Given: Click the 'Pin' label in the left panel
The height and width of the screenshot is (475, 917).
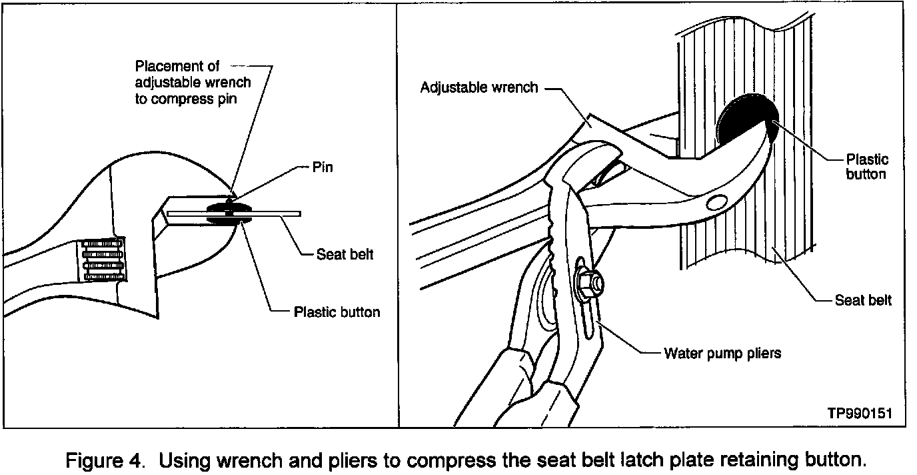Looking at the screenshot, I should (x=323, y=167).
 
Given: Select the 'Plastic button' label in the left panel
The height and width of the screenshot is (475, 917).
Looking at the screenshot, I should (x=337, y=312).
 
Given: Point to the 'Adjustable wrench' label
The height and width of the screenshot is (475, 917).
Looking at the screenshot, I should (x=478, y=87).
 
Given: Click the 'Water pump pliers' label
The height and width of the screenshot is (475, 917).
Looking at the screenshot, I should (x=722, y=353).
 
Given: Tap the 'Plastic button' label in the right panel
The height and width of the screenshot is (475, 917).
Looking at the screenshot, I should (x=866, y=166).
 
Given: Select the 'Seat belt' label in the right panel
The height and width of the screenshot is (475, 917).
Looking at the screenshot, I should (x=863, y=300).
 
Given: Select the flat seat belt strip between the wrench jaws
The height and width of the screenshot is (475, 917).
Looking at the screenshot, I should (x=267, y=214).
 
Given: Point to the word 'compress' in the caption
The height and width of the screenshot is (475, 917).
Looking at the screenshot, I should (x=457, y=460).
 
